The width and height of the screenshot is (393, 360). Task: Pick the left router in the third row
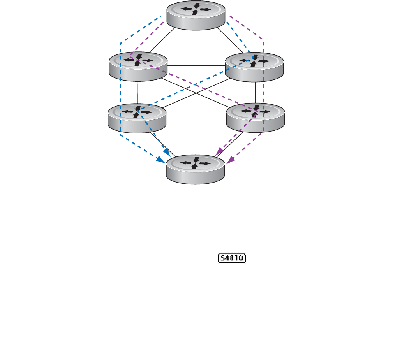(137, 117)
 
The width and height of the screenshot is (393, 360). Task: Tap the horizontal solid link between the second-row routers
(197, 65)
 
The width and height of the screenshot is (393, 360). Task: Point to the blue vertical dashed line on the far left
(120, 90)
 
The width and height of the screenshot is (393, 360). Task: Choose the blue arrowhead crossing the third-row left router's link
(166, 151)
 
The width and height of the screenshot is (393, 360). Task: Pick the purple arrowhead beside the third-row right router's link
(220, 150)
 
